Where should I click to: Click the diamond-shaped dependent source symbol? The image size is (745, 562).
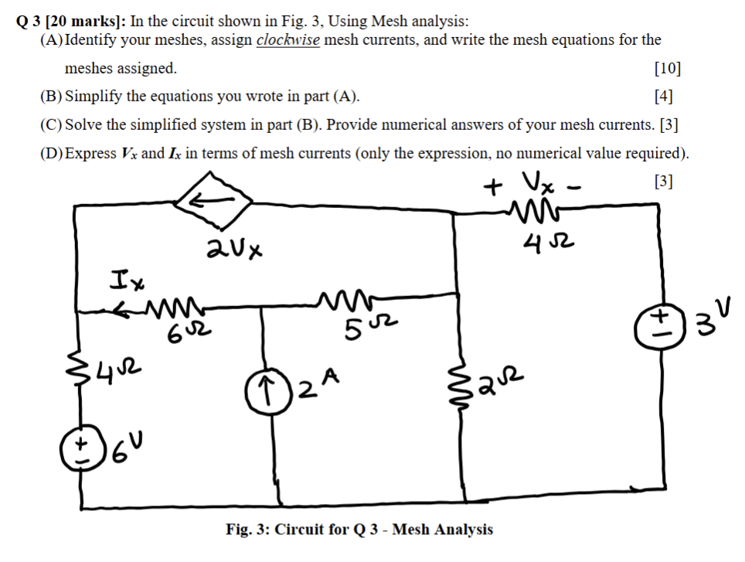213,203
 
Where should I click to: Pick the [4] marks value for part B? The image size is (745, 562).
662,97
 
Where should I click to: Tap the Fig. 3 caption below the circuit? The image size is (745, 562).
359,530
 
